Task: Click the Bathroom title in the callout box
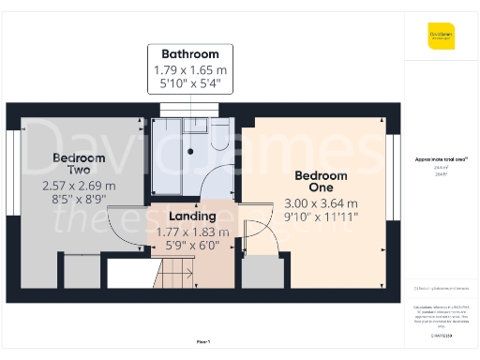(189, 53)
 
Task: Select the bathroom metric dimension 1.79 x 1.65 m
(189, 70)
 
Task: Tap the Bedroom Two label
(71, 164)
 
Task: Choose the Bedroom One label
(321, 181)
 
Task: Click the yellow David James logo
(442, 37)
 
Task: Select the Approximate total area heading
(441, 160)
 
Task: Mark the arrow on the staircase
(187, 274)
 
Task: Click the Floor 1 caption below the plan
(202, 342)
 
